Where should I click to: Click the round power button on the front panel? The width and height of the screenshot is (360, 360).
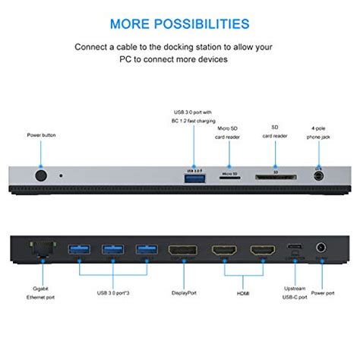(40, 175)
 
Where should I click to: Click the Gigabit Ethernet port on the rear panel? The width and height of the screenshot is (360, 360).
(39, 248)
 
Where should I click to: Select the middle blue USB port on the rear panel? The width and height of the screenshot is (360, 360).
(112, 248)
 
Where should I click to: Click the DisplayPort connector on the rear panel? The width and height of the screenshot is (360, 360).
(182, 248)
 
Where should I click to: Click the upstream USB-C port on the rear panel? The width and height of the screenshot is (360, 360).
(293, 248)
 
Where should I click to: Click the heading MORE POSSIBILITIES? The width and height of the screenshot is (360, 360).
(179, 24)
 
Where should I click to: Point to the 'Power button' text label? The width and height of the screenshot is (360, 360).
(40, 135)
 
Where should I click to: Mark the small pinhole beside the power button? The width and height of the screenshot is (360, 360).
(60, 175)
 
